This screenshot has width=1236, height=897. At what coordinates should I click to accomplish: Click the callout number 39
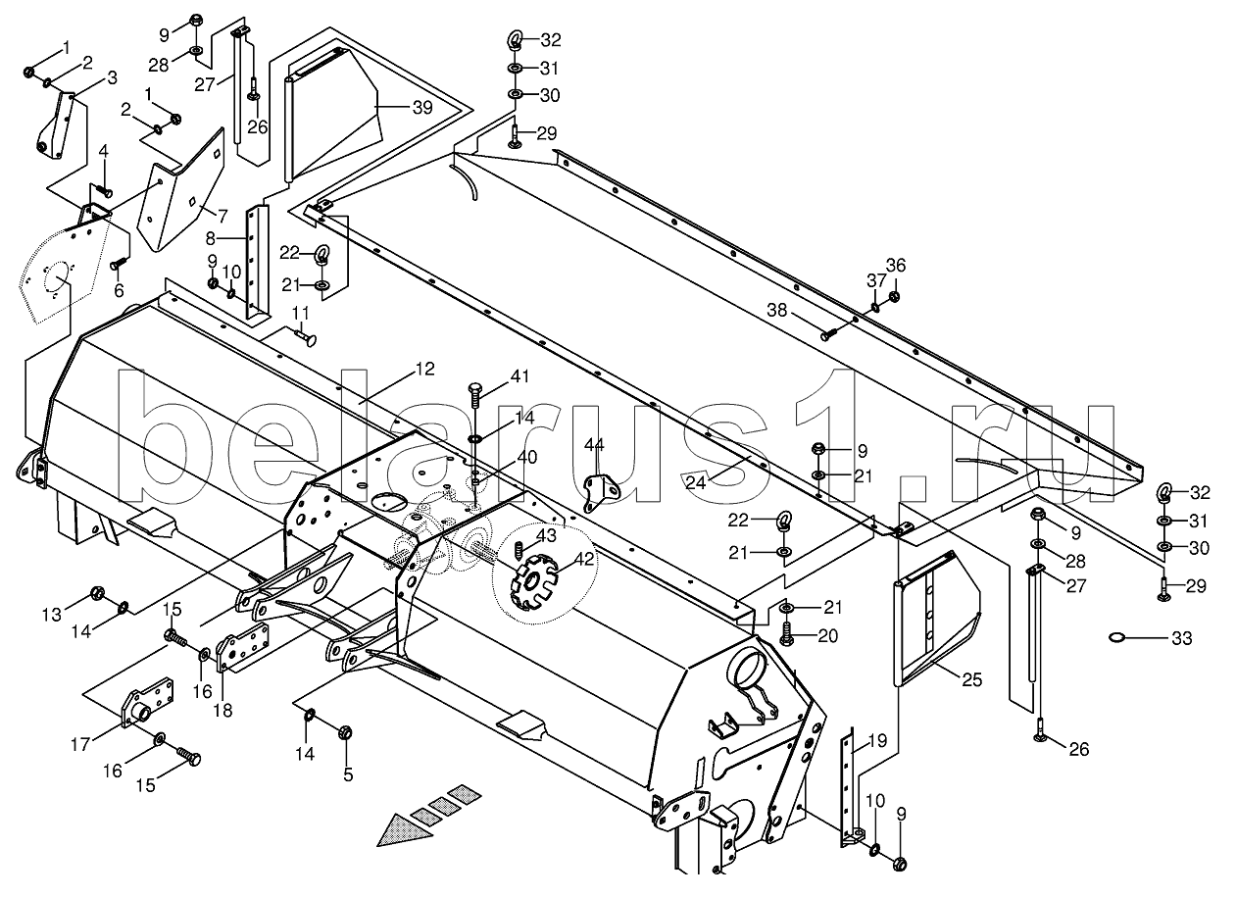pos(422,108)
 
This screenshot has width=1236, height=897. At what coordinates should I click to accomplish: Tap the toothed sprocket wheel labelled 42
pos(533,583)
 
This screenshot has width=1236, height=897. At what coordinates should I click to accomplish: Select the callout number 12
pos(424,369)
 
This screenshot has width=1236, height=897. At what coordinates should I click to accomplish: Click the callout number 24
pos(695,482)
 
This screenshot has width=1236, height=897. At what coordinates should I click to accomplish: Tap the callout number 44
pos(594,444)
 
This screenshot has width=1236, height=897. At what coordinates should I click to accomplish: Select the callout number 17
pos(80,744)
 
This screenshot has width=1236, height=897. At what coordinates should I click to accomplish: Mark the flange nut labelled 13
pos(97,594)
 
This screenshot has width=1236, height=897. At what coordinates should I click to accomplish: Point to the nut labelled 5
pos(346,733)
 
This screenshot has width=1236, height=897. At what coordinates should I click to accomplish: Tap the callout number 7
pos(222,216)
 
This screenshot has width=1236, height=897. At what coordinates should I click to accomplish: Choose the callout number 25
pos(971,680)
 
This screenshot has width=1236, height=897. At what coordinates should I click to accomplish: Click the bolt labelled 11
pos(304,336)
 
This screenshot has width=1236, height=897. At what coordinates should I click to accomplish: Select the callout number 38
pos(777,310)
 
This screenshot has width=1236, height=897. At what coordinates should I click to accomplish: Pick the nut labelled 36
pos(895,296)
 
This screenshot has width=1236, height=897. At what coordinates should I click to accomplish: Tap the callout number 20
pos(827,636)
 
